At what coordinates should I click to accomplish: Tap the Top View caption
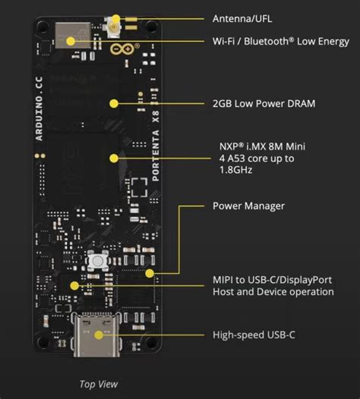pyautogui.click(x=99, y=384)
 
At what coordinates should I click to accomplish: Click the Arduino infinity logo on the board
pyautogui.click(x=116, y=51)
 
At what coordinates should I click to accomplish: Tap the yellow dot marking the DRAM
pyautogui.click(x=114, y=103)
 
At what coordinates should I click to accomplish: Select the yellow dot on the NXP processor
pyautogui.click(x=113, y=159)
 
